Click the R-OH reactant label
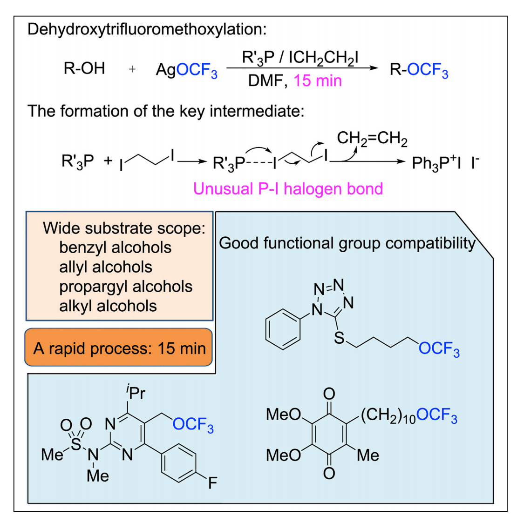pyautogui.click(x=84, y=68)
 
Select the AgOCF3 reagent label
pyautogui.click(x=186, y=70)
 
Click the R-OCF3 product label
pyautogui.click(x=419, y=70)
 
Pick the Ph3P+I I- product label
pyautogui.click(x=445, y=163)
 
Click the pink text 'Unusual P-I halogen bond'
pyautogui.click(x=288, y=189)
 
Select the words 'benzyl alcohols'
pyautogui.click(x=115, y=248)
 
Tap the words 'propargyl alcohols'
pyautogui.click(x=126, y=287)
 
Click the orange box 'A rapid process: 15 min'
pyautogui.click(x=119, y=348)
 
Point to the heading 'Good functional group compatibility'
pyautogui.click(x=347, y=243)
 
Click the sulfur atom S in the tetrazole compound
pyautogui.click(x=340, y=338)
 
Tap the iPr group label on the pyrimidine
pyautogui.click(x=135, y=393)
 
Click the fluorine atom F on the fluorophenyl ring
pyautogui.click(x=212, y=483)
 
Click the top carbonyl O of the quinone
pyautogui.click(x=329, y=394)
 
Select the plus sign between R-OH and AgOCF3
pyautogui.click(x=132, y=69)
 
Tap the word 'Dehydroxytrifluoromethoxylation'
pyautogui.click(x=146, y=29)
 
